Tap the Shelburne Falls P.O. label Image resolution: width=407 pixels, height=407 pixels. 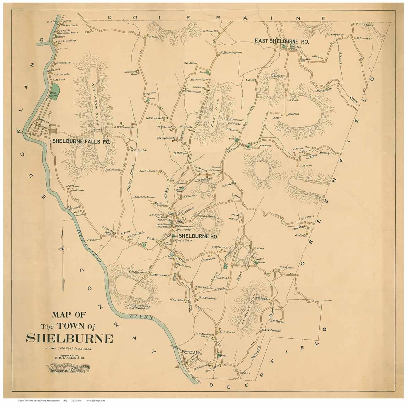coord(81,141)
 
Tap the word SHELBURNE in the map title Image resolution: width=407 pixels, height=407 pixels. coord(69,339)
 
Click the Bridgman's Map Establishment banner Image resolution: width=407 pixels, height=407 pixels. coord(69,368)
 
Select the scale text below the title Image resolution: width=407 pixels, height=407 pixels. coord(69,349)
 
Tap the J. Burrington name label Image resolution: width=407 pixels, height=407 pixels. coord(231,53)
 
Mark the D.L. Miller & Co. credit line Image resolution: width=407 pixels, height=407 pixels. coord(69,358)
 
